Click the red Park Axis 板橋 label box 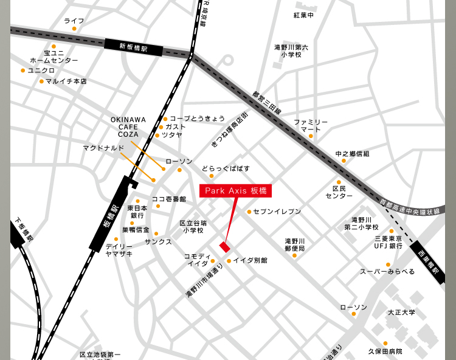click(235, 190)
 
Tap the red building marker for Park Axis click(225, 246)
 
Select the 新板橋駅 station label click(133, 46)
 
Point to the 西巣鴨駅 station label click(428, 261)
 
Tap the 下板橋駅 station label click(24, 230)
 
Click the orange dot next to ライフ click(74, 29)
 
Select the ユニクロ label click(41, 71)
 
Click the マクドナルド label click(103, 148)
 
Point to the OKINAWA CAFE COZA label click(128, 126)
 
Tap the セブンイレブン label click(277, 212)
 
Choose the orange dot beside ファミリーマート click(311, 136)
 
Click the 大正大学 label click(401, 312)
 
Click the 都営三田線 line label click(267, 103)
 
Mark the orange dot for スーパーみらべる click(388, 265)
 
